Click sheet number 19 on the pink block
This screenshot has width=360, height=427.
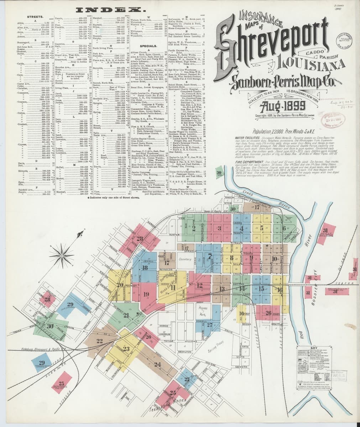click(146, 294)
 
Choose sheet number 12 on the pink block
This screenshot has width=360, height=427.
click(199, 285)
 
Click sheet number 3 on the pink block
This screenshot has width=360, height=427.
click(219, 228)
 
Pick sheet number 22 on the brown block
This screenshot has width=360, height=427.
click(99, 341)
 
